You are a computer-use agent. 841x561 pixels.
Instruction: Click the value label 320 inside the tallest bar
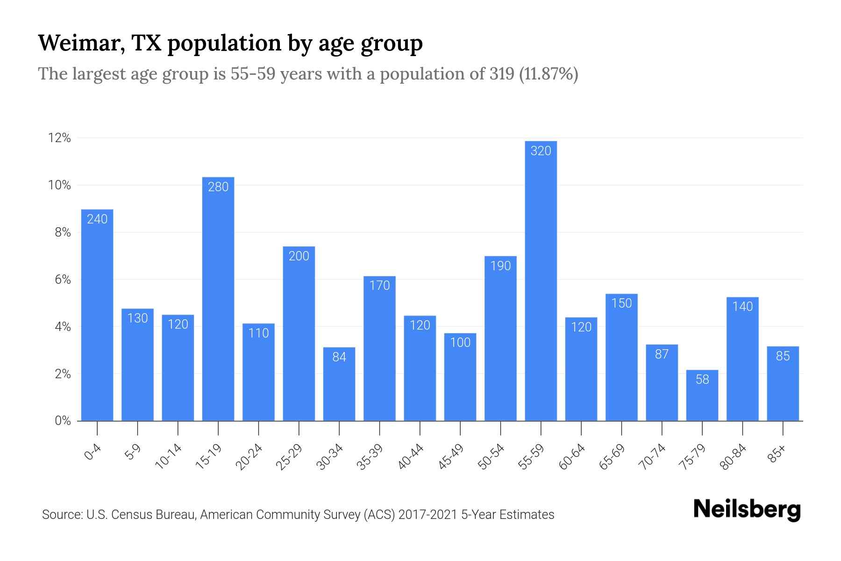point(541,151)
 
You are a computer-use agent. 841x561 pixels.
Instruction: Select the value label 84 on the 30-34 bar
point(339,357)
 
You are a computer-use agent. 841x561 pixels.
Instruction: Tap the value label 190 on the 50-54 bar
point(500,266)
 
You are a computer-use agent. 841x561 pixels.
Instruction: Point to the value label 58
point(702,380)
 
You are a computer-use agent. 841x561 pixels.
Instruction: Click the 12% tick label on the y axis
point(59,138)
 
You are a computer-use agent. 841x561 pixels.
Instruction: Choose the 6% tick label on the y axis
point(63,280)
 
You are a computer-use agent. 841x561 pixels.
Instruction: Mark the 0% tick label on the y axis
point(63,421)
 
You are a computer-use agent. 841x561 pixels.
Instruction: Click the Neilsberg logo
point(747,510)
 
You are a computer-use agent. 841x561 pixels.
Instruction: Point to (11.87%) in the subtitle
point(549,74)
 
